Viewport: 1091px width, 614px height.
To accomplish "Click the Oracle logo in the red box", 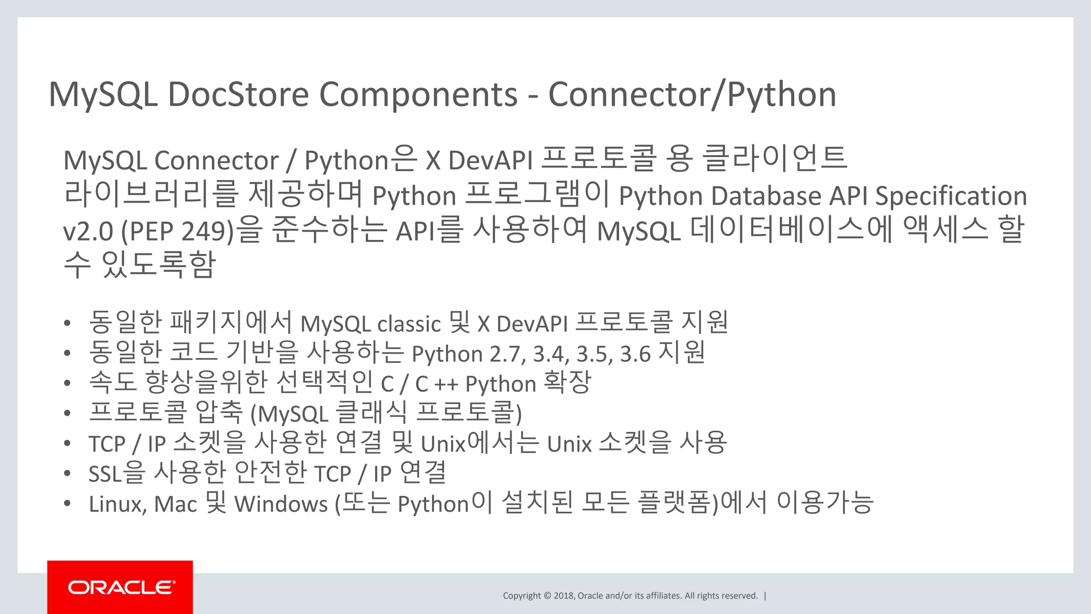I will click(x=121, y=587).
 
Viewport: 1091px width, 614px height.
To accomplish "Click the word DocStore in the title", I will click(x=238, y=95).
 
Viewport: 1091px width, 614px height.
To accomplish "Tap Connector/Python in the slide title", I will click(x=692, y=95).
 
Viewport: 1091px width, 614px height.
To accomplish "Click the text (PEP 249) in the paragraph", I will click(x=177, y=231).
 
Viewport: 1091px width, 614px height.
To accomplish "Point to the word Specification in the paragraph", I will click(x=951, y=196).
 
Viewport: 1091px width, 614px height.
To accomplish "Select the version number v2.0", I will click(x=88, y=231).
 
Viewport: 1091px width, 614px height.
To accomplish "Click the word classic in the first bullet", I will click(x=409, y=324).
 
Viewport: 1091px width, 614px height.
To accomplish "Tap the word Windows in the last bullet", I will click(x=281, y=504).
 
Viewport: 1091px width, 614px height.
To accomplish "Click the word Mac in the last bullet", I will click(x=175, y=504).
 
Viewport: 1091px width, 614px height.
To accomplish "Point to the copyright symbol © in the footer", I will click(x=547, y=596).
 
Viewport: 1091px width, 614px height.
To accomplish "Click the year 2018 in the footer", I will click(x=563, y=596).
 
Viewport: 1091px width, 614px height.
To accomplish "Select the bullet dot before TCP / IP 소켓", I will click(x=67, y=443).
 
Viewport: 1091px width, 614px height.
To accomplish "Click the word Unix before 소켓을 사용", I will click(x=569, y=444).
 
